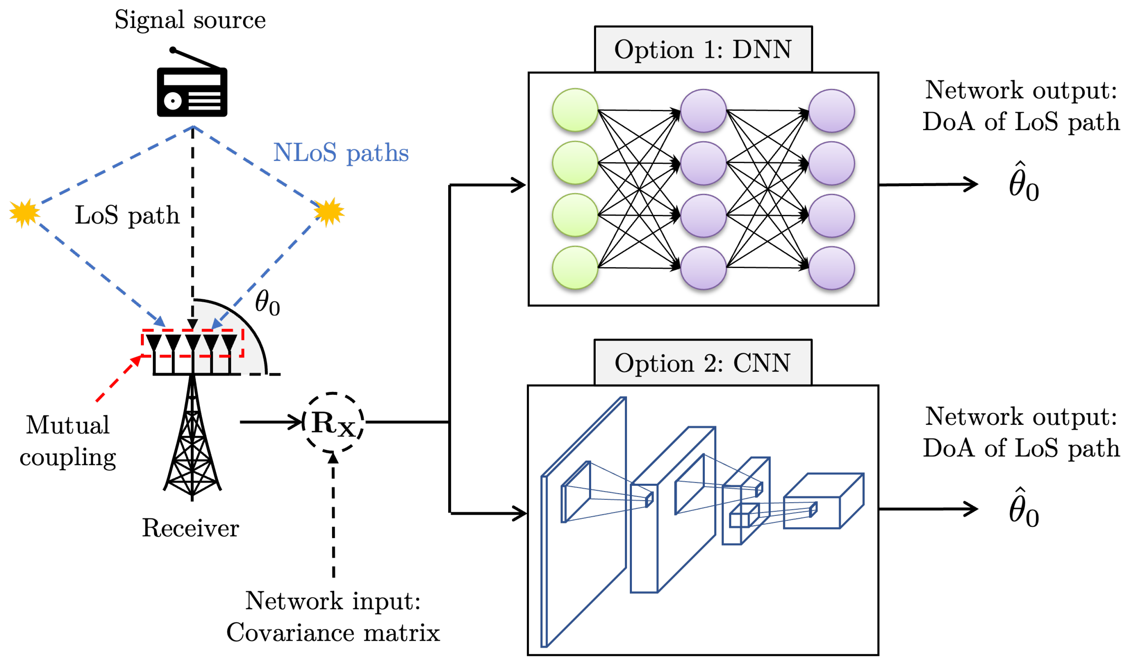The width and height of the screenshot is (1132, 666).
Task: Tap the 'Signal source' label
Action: [x=190, y=20]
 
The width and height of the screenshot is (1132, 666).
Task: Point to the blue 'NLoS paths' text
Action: [x=341, y=153]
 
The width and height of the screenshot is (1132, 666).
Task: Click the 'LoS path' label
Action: [x=127, y=215]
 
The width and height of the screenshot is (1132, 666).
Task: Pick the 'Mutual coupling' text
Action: [x=68, y=441]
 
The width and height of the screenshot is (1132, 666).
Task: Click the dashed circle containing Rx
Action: [x=333, y=423]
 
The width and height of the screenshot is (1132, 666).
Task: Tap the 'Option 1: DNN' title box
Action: [x=703, y=49]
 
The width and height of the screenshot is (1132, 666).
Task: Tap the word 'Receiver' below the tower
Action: [x=190, y=528]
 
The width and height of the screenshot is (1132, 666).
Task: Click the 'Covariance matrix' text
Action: [x=333, y=633]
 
